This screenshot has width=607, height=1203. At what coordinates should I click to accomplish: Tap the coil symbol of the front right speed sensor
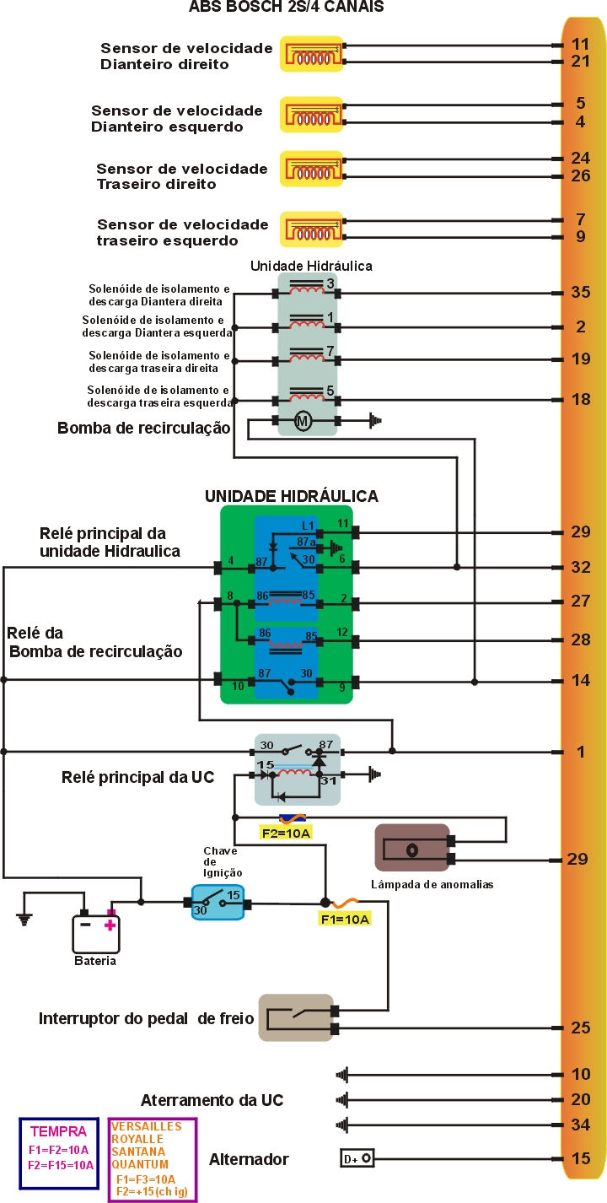click(x=312, y=53)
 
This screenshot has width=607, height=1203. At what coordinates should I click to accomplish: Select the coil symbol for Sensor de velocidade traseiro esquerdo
click(x=312, y=229)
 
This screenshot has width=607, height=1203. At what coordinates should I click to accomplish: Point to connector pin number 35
click(x=580, y=293)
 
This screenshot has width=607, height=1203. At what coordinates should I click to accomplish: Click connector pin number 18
click(x=580, y=399)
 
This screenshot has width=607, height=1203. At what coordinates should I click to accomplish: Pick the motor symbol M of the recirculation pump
click(x=303, y=420)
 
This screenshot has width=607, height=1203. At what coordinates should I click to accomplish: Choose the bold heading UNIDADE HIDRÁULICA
click(x=291, y=495)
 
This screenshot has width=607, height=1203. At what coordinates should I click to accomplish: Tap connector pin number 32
click(x=580, y=567)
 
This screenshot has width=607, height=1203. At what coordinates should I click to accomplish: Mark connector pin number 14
click(x=580, y=679)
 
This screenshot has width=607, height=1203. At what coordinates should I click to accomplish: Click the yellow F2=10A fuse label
click(x=287, y=833)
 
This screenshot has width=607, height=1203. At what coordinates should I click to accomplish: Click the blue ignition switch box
click(x=218, y=902)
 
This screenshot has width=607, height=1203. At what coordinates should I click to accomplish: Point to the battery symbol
click(x=94, y=934)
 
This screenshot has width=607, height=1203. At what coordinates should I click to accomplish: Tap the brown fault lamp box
click(x=411, y=848)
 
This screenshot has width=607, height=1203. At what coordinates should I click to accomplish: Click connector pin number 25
click(x=580, y=1028)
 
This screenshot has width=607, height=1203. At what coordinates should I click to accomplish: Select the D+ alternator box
click(x=357, y=1159)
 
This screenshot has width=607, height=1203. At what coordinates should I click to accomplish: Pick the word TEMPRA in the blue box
click(x=58, y=1132)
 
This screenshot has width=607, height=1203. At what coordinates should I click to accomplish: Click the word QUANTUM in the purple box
click(x=139, y=1163)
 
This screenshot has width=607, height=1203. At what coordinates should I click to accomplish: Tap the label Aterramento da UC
click(x=212, y=1100)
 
